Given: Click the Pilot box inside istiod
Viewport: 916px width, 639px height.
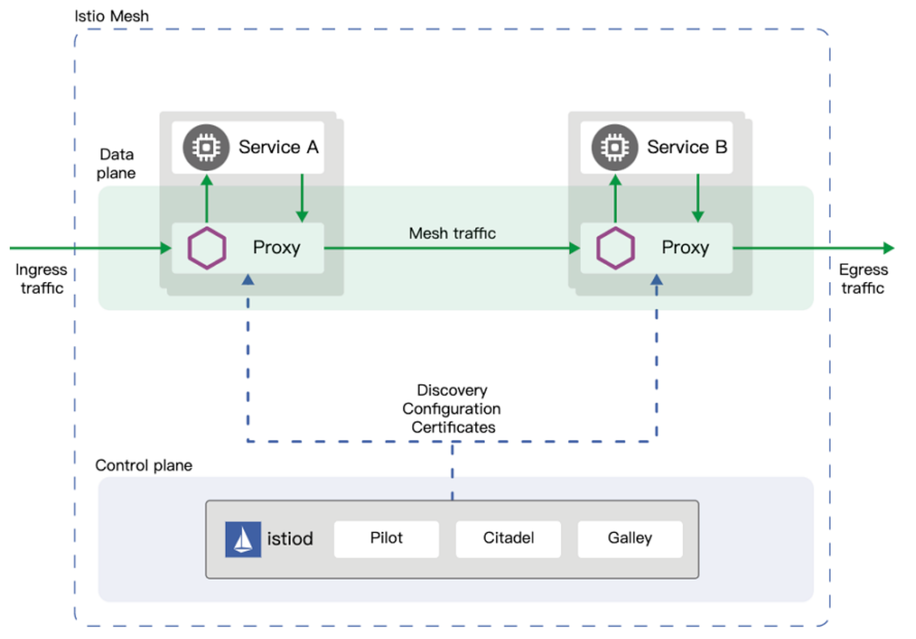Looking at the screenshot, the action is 386,539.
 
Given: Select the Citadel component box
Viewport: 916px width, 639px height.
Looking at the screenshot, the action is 509,539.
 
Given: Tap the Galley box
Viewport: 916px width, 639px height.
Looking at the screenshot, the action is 630,539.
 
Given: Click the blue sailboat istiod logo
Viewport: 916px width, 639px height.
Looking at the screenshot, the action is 243,539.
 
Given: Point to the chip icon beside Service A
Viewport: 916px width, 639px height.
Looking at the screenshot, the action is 206,147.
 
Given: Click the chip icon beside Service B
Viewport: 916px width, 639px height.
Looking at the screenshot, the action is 614,147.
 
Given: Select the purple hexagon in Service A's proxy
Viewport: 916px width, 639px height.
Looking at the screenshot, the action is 207,248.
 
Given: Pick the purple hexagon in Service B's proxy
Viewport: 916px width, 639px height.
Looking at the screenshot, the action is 616,248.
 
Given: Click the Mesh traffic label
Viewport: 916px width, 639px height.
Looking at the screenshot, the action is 452,233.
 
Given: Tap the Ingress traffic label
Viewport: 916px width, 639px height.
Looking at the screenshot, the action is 41,278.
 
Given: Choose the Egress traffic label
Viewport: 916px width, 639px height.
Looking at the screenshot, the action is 863,278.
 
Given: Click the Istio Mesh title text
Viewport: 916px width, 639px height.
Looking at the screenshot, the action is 111,16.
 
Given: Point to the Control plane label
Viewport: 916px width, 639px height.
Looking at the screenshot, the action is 143,465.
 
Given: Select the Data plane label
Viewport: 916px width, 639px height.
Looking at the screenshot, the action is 116,164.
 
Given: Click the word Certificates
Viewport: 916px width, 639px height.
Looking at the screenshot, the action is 453,428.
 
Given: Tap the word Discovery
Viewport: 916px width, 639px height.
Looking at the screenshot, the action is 452,391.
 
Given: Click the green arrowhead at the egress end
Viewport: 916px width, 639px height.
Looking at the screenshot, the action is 888,248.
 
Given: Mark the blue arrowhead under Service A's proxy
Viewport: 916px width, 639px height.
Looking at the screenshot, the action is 248,280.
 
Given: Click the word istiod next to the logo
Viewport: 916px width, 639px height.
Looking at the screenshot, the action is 290,539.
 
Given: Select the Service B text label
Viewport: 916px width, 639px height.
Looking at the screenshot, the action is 687,147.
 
